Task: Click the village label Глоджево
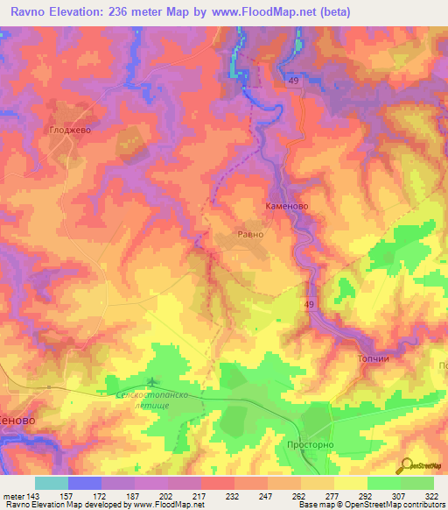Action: [69, 130]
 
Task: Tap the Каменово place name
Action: [287, 208]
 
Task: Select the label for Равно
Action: [251, 234]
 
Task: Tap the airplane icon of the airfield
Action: [154, 381]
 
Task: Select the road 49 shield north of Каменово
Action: [291, 80]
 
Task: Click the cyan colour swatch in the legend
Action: [52, 483]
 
